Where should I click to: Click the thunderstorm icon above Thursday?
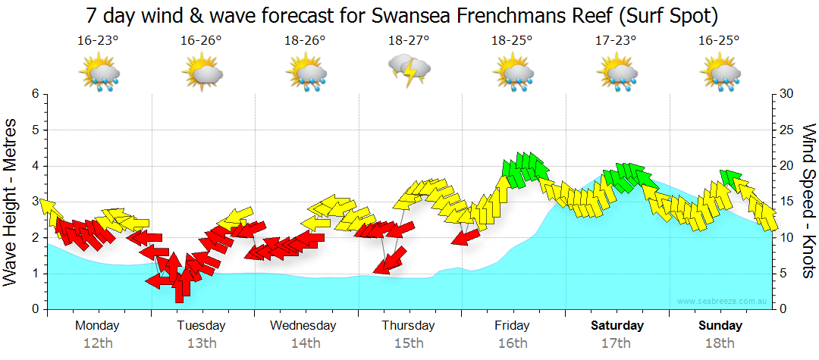(409, 71)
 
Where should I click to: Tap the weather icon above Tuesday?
(202, 74)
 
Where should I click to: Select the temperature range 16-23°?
(98, 41)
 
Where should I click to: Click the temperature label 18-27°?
(409, 41)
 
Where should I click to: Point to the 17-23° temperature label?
(617, 41)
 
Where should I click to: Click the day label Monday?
(97, 326)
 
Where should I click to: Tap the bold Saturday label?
(617, 326)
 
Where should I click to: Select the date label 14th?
(306, 343)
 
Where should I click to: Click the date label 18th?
(720, 343)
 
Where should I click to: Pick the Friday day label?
(513, 326)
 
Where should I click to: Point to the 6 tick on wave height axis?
(34, 94)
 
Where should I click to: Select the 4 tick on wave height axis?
(34, 166)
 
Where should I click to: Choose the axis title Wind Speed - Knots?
(808, 202)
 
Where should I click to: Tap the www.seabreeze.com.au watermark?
(723, 302)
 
